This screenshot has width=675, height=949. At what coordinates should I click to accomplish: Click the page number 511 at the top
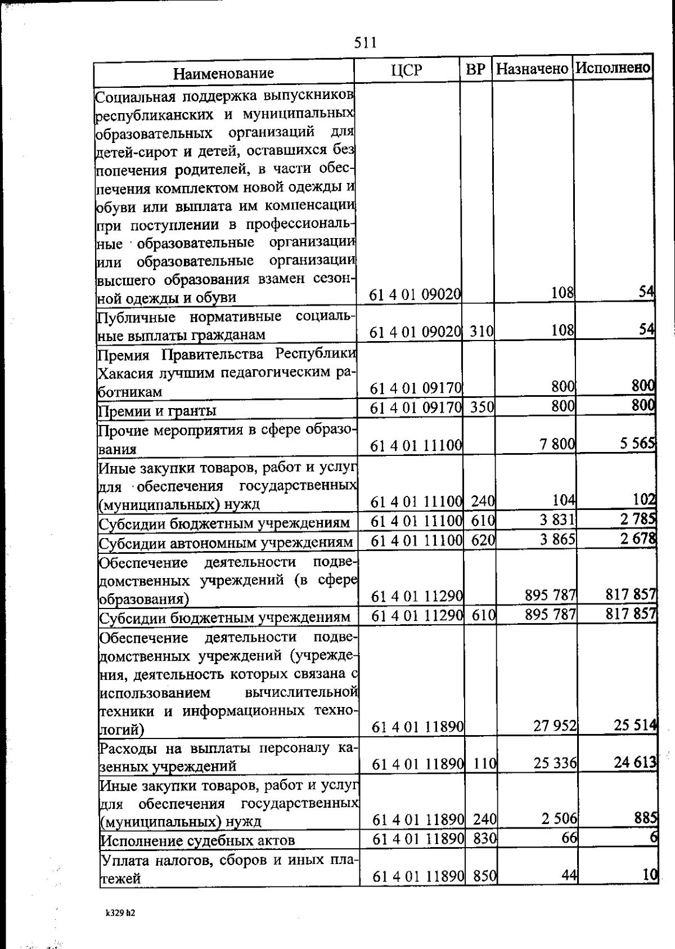point(365,43)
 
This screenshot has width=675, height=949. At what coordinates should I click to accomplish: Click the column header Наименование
point(223,73)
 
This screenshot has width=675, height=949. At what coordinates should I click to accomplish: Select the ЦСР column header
point(406,70)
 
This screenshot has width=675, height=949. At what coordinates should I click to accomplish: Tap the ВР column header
point(475,70)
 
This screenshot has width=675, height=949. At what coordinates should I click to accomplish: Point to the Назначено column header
point(532,69)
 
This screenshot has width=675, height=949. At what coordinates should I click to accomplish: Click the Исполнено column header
point(613,68)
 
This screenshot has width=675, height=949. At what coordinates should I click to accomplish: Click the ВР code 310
point(481,332)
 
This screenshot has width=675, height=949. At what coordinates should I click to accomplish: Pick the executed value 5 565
point(638,444)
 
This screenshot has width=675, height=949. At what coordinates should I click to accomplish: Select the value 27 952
point(555,726)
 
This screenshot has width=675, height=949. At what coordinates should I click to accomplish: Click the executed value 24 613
point(636,763)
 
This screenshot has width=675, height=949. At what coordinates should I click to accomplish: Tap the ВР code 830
point(484,839)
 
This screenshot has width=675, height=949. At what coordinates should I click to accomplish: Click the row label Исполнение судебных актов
point(197,841)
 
